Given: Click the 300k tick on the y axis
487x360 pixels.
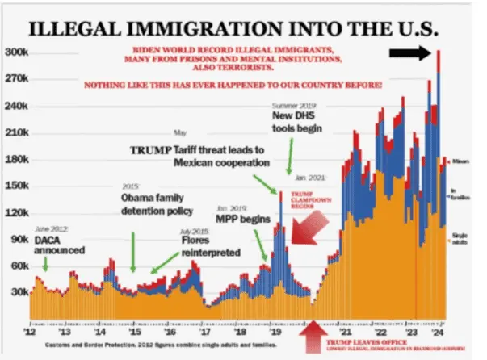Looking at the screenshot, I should point(16,52).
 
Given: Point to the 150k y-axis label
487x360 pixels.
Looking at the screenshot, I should point(16,186).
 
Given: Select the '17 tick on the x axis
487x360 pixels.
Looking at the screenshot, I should point(206,331).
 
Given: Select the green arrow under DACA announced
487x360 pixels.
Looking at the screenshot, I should point(46,262).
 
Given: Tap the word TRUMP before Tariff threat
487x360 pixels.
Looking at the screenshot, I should point(150,150).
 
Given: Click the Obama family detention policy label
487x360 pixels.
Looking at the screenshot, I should point(157,204).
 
